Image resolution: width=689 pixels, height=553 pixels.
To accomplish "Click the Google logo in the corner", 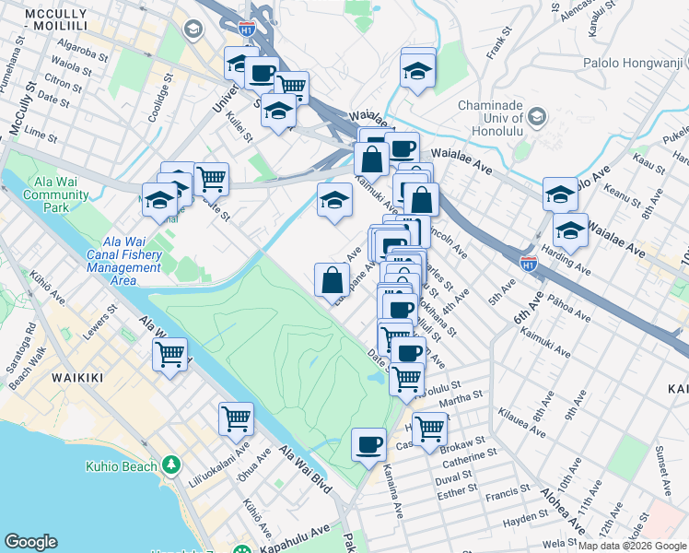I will (x=30, y=542).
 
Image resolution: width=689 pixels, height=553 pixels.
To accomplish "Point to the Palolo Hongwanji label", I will (x=636, y=64).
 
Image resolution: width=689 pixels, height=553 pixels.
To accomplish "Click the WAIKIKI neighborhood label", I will (x=43, y=379).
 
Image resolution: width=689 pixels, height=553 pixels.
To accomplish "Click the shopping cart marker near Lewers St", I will (x=169, y=354).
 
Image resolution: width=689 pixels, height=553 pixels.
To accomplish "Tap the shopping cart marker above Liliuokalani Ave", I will (x=236, y=418).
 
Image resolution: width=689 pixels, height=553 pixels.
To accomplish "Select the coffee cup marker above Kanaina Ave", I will (x=368, y=444).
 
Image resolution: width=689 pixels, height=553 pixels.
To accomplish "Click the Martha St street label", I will (x=461, y=397).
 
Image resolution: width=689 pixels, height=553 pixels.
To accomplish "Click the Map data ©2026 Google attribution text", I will (x=632, y=546).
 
